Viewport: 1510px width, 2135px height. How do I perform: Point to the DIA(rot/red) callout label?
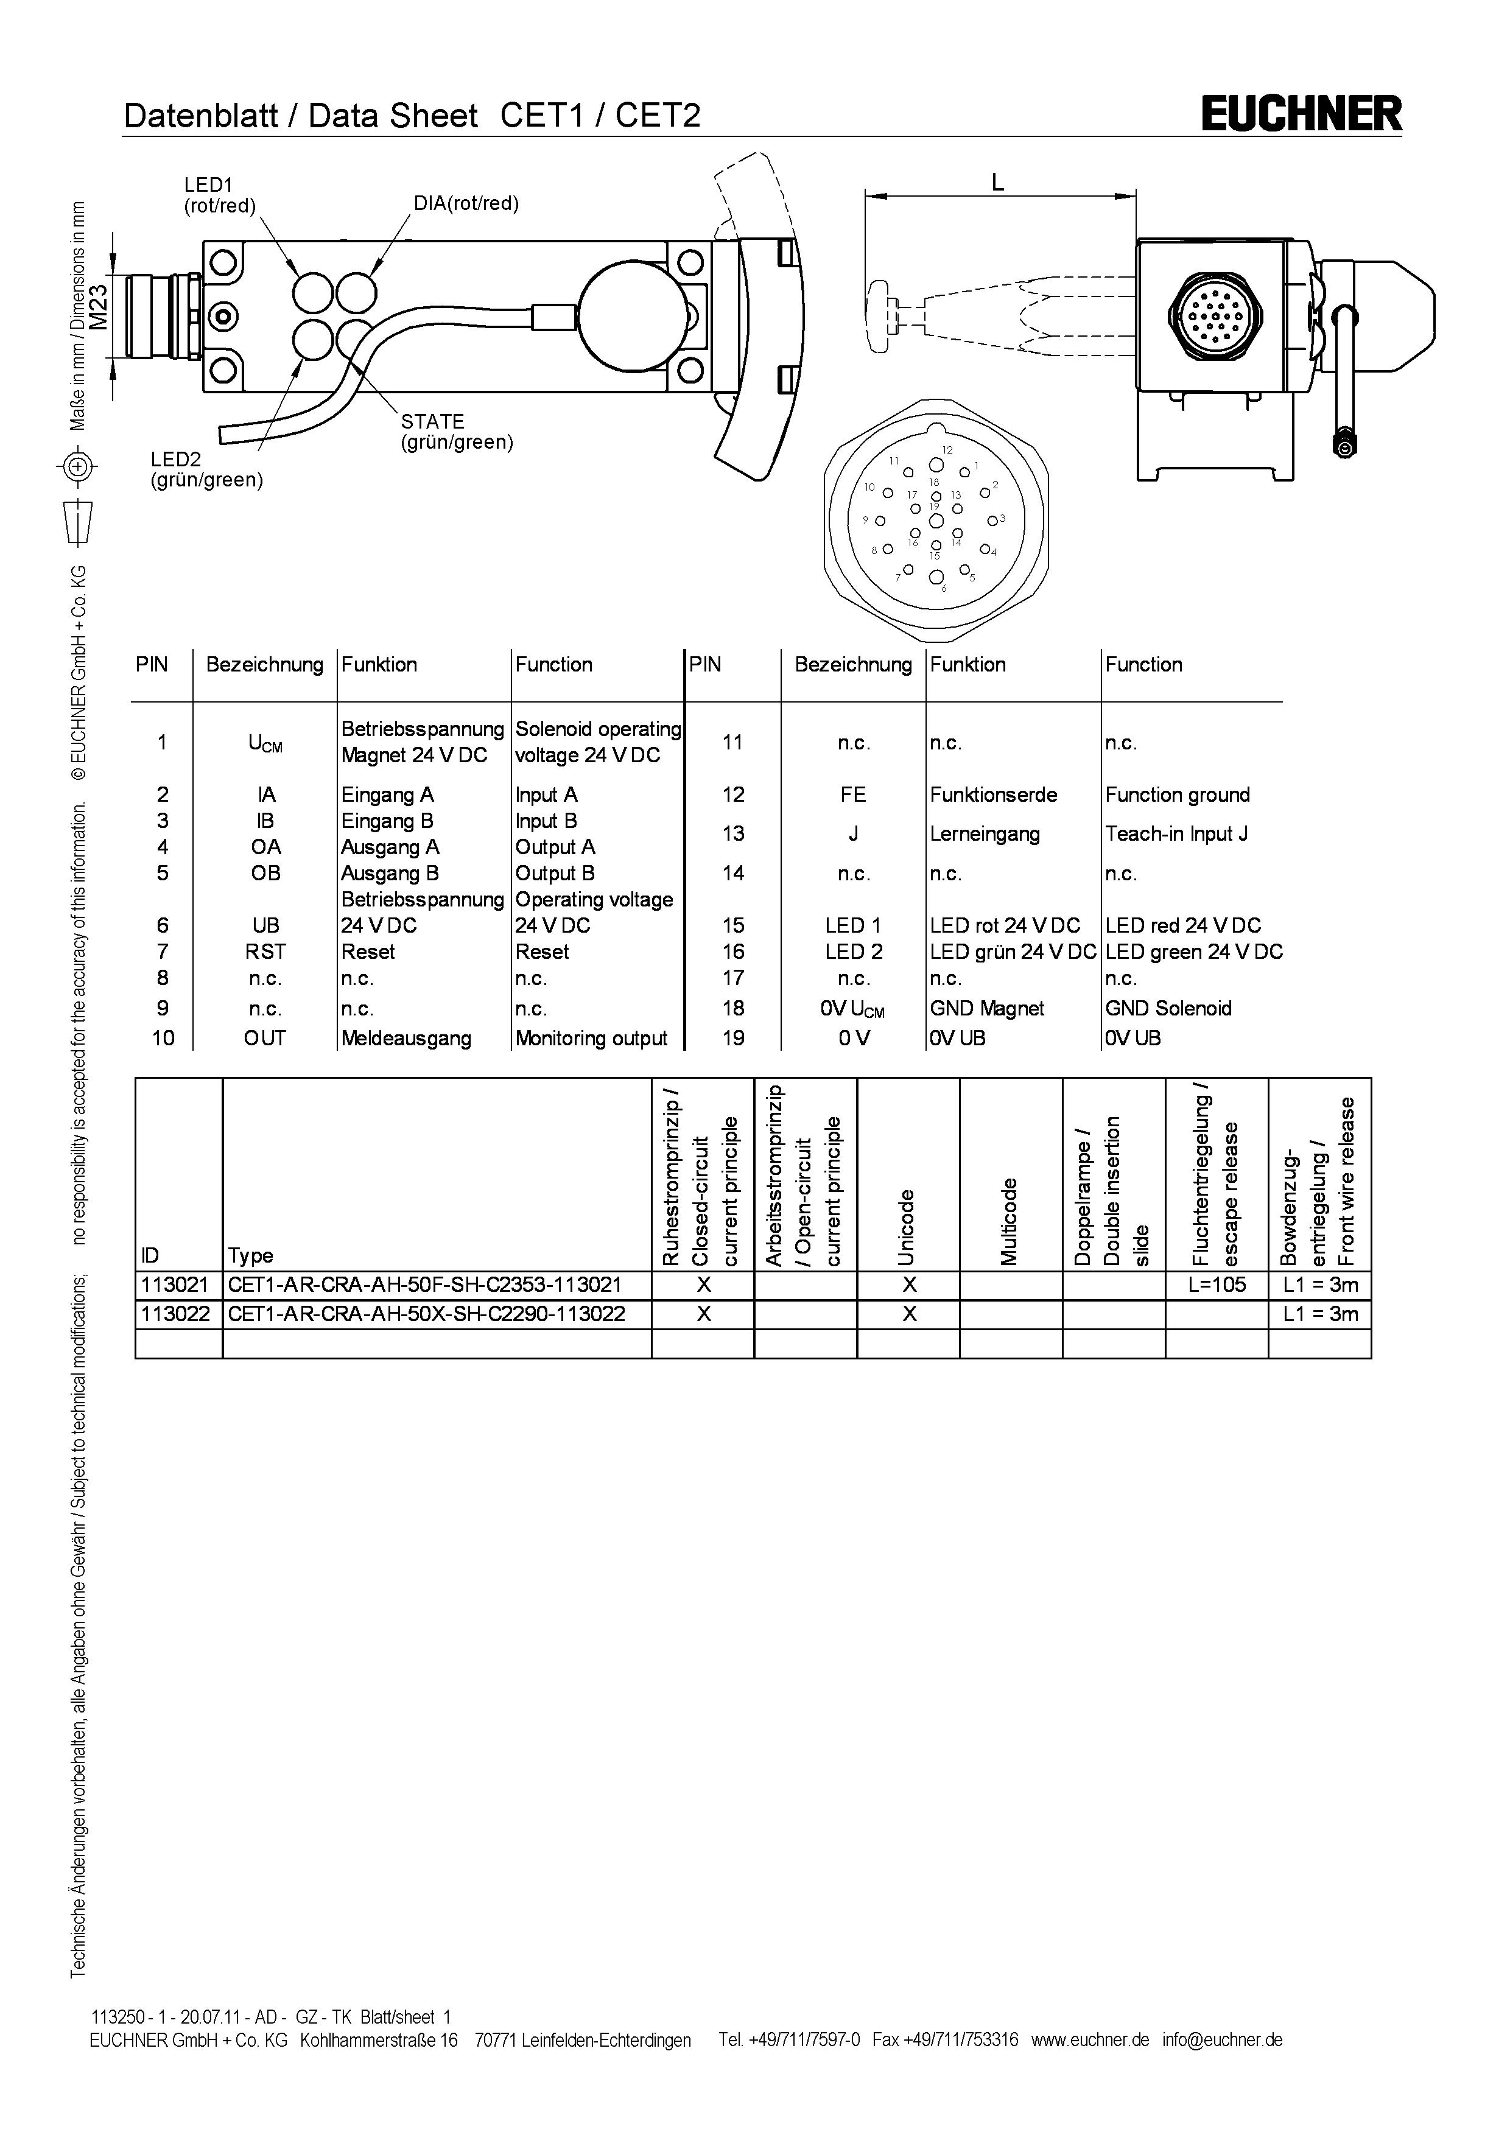[466, 204]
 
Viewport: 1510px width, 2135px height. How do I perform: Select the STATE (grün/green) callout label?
[457, 432]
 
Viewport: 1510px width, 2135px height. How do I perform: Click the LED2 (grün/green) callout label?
[206, 469]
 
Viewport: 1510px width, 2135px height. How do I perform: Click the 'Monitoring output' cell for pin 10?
[591, 1039]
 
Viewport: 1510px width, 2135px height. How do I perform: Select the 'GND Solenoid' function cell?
[1168, 1009]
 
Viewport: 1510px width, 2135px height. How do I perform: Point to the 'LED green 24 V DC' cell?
[1194, 952]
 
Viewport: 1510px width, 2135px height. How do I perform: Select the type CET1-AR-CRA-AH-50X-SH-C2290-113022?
[427, 1314]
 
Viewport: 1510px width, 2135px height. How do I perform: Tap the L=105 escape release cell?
[1216, 1285]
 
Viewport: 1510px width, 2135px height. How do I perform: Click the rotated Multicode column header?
[1010, 1222]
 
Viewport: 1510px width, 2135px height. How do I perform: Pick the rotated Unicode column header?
[907, 1227]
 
